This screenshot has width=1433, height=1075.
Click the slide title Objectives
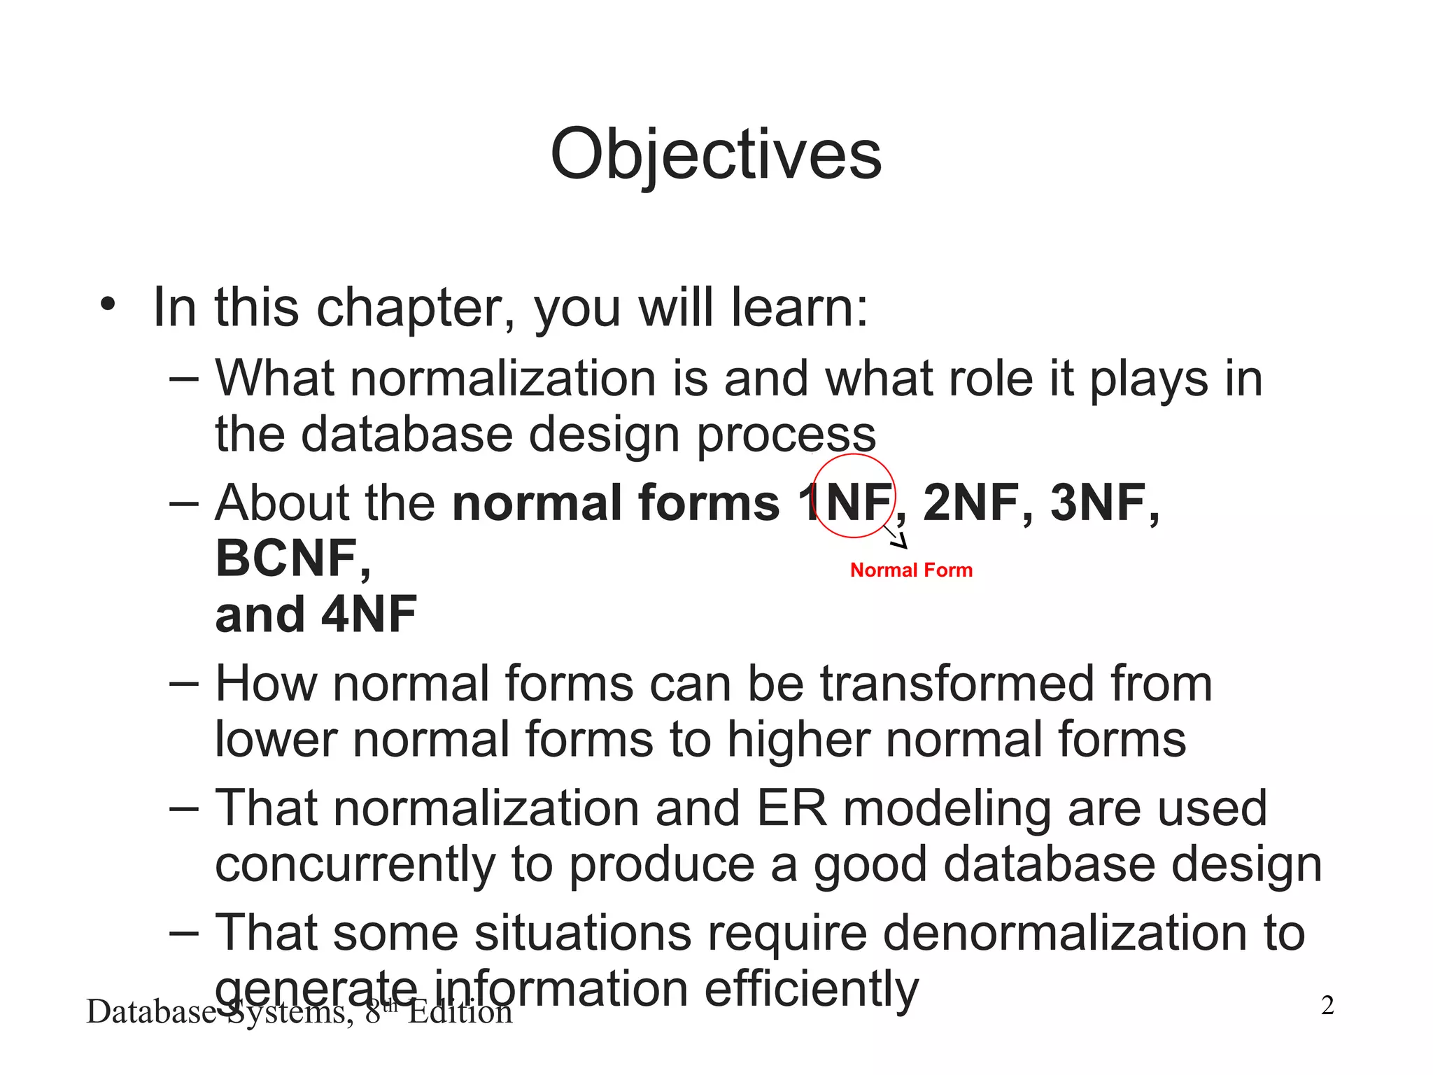point(715,155)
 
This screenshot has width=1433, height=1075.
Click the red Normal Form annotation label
point(911,570)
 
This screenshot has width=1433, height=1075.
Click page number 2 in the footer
point(1327,1006)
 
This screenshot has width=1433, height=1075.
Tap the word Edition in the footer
point(460,1013)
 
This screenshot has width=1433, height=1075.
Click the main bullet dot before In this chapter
point(107,305)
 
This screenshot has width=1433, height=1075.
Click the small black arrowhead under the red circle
point(901,541)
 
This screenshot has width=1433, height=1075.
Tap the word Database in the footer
point(150,1013)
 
